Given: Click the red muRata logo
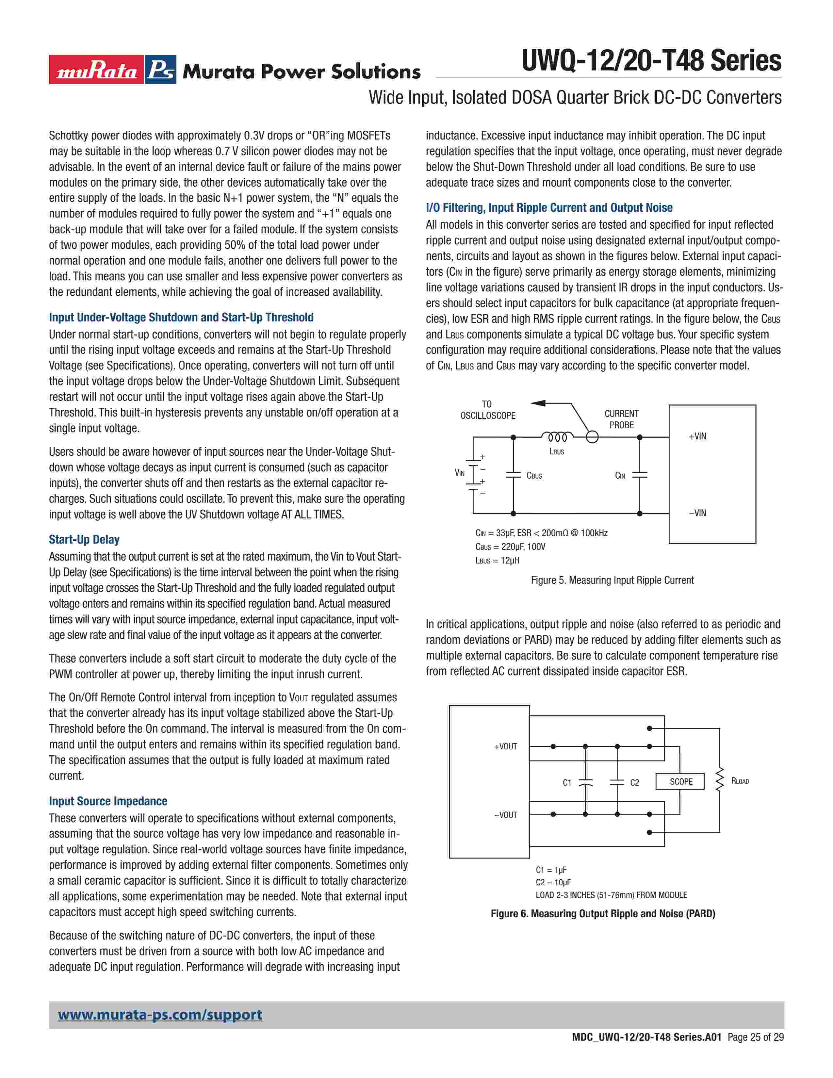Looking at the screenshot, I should click(x=96, y=70).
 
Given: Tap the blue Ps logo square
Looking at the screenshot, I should click(x=161, y=70).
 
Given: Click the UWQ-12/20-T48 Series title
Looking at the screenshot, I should click(x=651, y=61).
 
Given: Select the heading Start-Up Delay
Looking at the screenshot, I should click(x=84, y=540).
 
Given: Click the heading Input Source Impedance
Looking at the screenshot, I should click(x=107, y=801).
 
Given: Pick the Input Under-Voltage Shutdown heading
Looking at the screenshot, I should click(x=181, y=318).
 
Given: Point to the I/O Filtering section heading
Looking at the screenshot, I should click(x=549, y=208).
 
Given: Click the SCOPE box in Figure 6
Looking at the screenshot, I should click(x=680, y=782).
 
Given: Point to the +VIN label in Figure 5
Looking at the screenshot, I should click(x=697, y=436).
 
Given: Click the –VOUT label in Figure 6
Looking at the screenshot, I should click(x=505, y=815).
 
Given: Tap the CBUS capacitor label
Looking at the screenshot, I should click(x=534, y=476).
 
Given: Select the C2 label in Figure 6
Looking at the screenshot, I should click(x=634, y=783).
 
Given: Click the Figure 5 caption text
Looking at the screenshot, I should click(x=612, y=580).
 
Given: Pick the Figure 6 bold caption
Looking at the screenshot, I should click(x=603, y=914).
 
